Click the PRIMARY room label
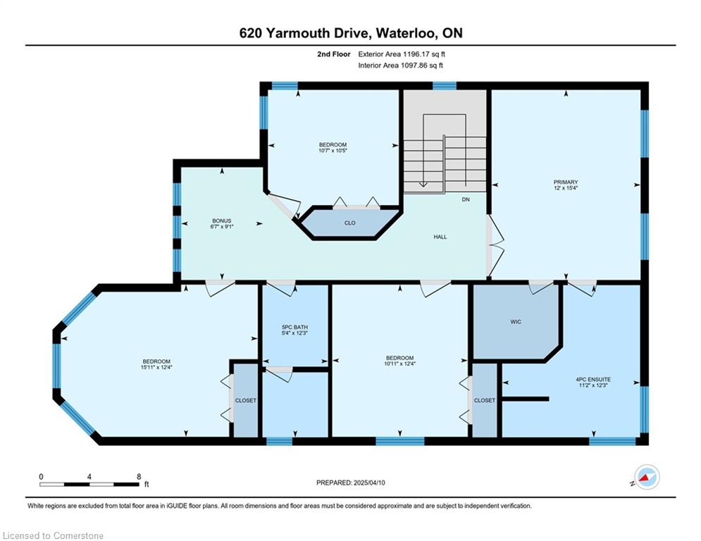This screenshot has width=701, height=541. coord(566,182)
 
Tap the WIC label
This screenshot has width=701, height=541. coord(516,322)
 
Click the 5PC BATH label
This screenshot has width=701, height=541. coord(294,328)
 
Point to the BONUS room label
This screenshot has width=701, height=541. coord(222,221)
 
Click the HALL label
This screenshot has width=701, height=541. coord(440,237)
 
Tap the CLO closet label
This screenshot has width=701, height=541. coord(350,223)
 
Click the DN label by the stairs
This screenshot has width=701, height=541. coord(466,199)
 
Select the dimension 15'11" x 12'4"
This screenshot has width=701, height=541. coord(156,367)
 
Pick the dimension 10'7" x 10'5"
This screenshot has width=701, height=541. coord(333,151)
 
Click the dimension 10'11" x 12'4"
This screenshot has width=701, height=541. coord(399,363)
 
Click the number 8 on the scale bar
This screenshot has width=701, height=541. coord(139,477)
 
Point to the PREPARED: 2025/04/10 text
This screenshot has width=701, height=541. coord(351,483)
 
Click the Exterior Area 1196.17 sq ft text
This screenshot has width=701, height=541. coord(402,54)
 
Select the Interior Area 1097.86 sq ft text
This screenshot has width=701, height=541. coord(401,66)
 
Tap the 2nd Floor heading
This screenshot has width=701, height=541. coord(334,54)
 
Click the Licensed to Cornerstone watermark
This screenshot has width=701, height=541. coord(53,535)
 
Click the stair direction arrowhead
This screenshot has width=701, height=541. coord(423,185)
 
